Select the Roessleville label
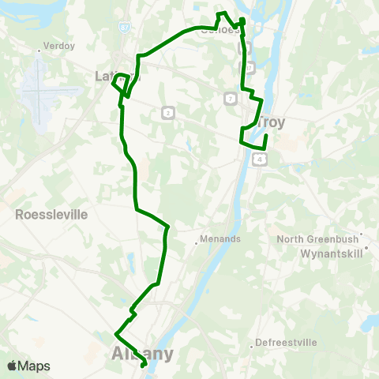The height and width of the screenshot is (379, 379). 52,214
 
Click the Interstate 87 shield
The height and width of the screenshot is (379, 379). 127,28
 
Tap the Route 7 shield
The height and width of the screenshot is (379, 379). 229,98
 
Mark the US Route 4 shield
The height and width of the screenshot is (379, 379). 259,159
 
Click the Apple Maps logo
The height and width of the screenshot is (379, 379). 27,366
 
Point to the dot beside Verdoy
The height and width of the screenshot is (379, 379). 39,52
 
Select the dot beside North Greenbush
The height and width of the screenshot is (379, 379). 361,234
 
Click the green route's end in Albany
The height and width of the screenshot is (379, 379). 141,366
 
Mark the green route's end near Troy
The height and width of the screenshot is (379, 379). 266,137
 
